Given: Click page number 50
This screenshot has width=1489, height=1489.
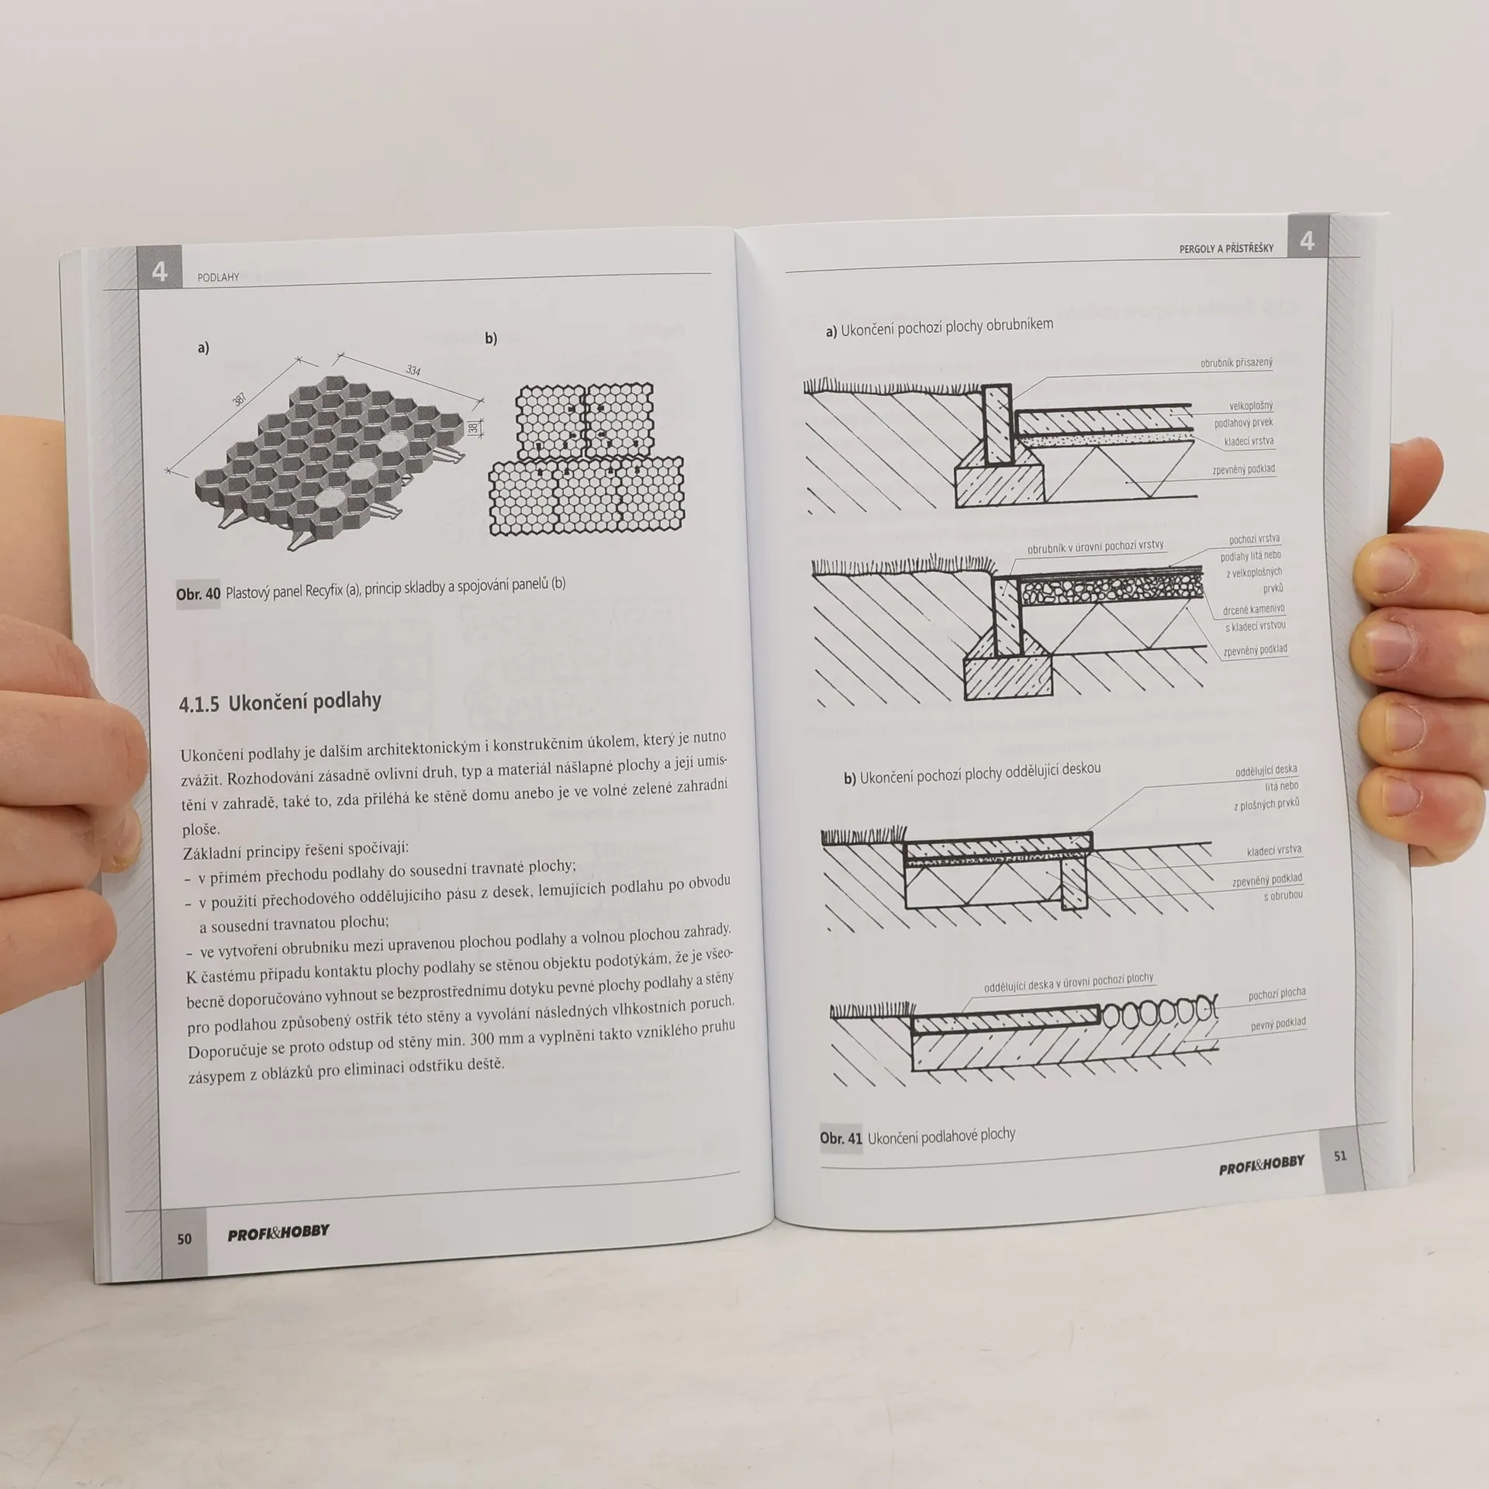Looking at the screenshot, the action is point(184,1239).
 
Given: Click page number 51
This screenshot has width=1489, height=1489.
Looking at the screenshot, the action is point(1340,1156).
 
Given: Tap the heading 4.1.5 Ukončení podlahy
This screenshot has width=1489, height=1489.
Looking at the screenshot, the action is point(280,703).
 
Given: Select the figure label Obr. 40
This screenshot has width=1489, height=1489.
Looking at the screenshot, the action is point(198,594).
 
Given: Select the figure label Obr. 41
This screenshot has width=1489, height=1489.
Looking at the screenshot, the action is point(841,1138).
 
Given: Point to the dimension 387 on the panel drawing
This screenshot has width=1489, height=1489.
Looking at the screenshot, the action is point(240,399).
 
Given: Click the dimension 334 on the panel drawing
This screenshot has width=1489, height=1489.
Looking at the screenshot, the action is point(413,371).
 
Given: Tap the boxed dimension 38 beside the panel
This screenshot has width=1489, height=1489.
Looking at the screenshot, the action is point(473,427).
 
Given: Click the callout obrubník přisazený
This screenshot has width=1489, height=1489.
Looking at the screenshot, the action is point(1236,362).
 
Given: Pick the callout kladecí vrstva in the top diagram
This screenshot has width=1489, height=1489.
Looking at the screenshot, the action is point(1249,441).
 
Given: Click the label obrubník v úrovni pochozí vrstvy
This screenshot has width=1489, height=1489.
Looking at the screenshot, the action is point(1095,547).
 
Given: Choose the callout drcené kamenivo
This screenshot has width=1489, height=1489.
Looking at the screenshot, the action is point(1253,610).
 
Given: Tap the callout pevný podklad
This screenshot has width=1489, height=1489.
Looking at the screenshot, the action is point(1278,1024).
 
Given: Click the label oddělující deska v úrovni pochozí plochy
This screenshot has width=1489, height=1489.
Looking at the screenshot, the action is point(1069,983).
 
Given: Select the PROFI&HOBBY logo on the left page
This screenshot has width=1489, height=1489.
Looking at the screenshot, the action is point(278,1232).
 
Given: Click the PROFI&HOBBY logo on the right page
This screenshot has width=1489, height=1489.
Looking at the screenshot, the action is point(1262,1165).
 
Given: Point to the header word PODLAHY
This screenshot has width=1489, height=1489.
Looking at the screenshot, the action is point(218,277).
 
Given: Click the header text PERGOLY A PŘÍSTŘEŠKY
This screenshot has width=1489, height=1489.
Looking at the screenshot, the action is point(1226,248).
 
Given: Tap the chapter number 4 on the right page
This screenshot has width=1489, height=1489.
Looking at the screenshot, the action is point(1308,241).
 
